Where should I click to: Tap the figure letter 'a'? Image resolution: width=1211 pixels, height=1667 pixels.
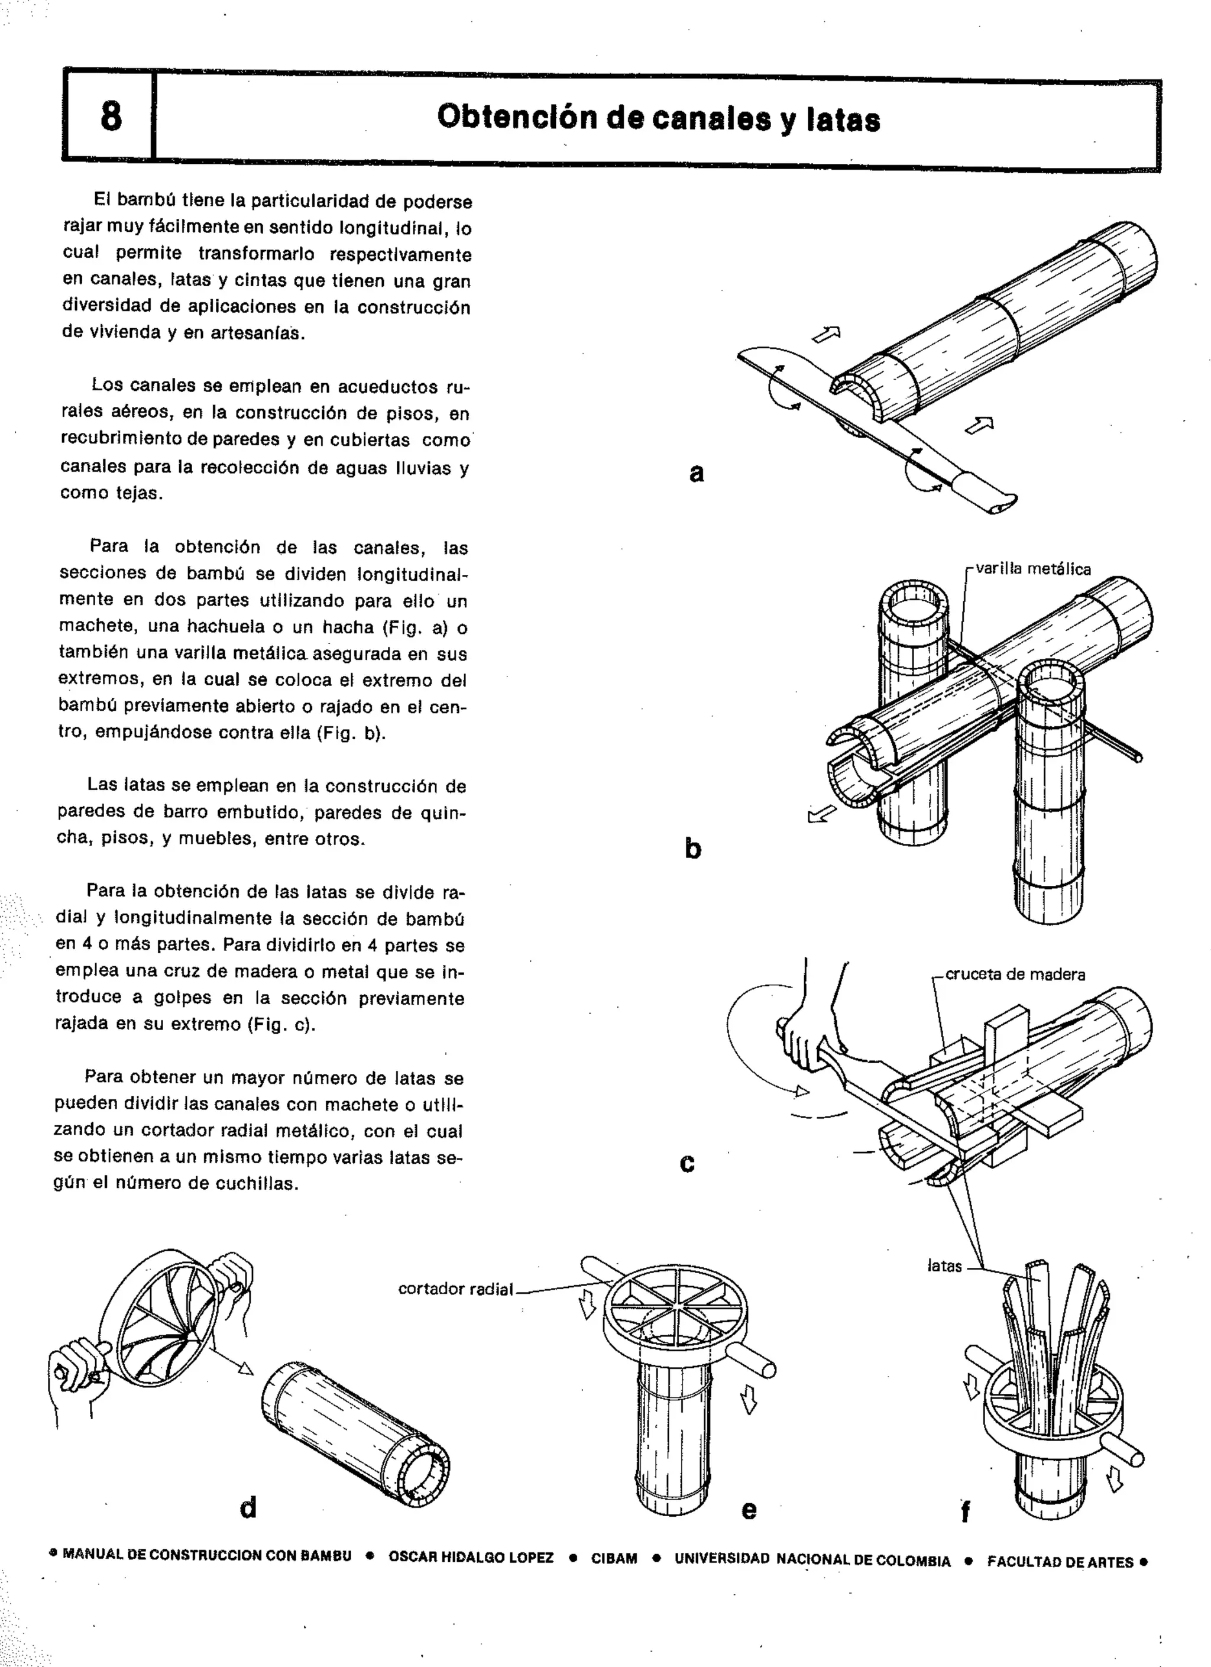[x=697, y=472]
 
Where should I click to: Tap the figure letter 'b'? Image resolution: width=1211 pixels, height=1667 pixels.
[x=692, y=849]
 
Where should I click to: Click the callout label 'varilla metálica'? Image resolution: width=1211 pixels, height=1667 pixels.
[x=1033, y=569]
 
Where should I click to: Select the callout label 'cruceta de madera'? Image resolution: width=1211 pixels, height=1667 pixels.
[x=1015, y=975]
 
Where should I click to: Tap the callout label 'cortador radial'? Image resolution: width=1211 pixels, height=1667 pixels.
[x=455, y=1289]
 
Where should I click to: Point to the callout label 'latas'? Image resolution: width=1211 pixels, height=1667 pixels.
[x=944, y=1265]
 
